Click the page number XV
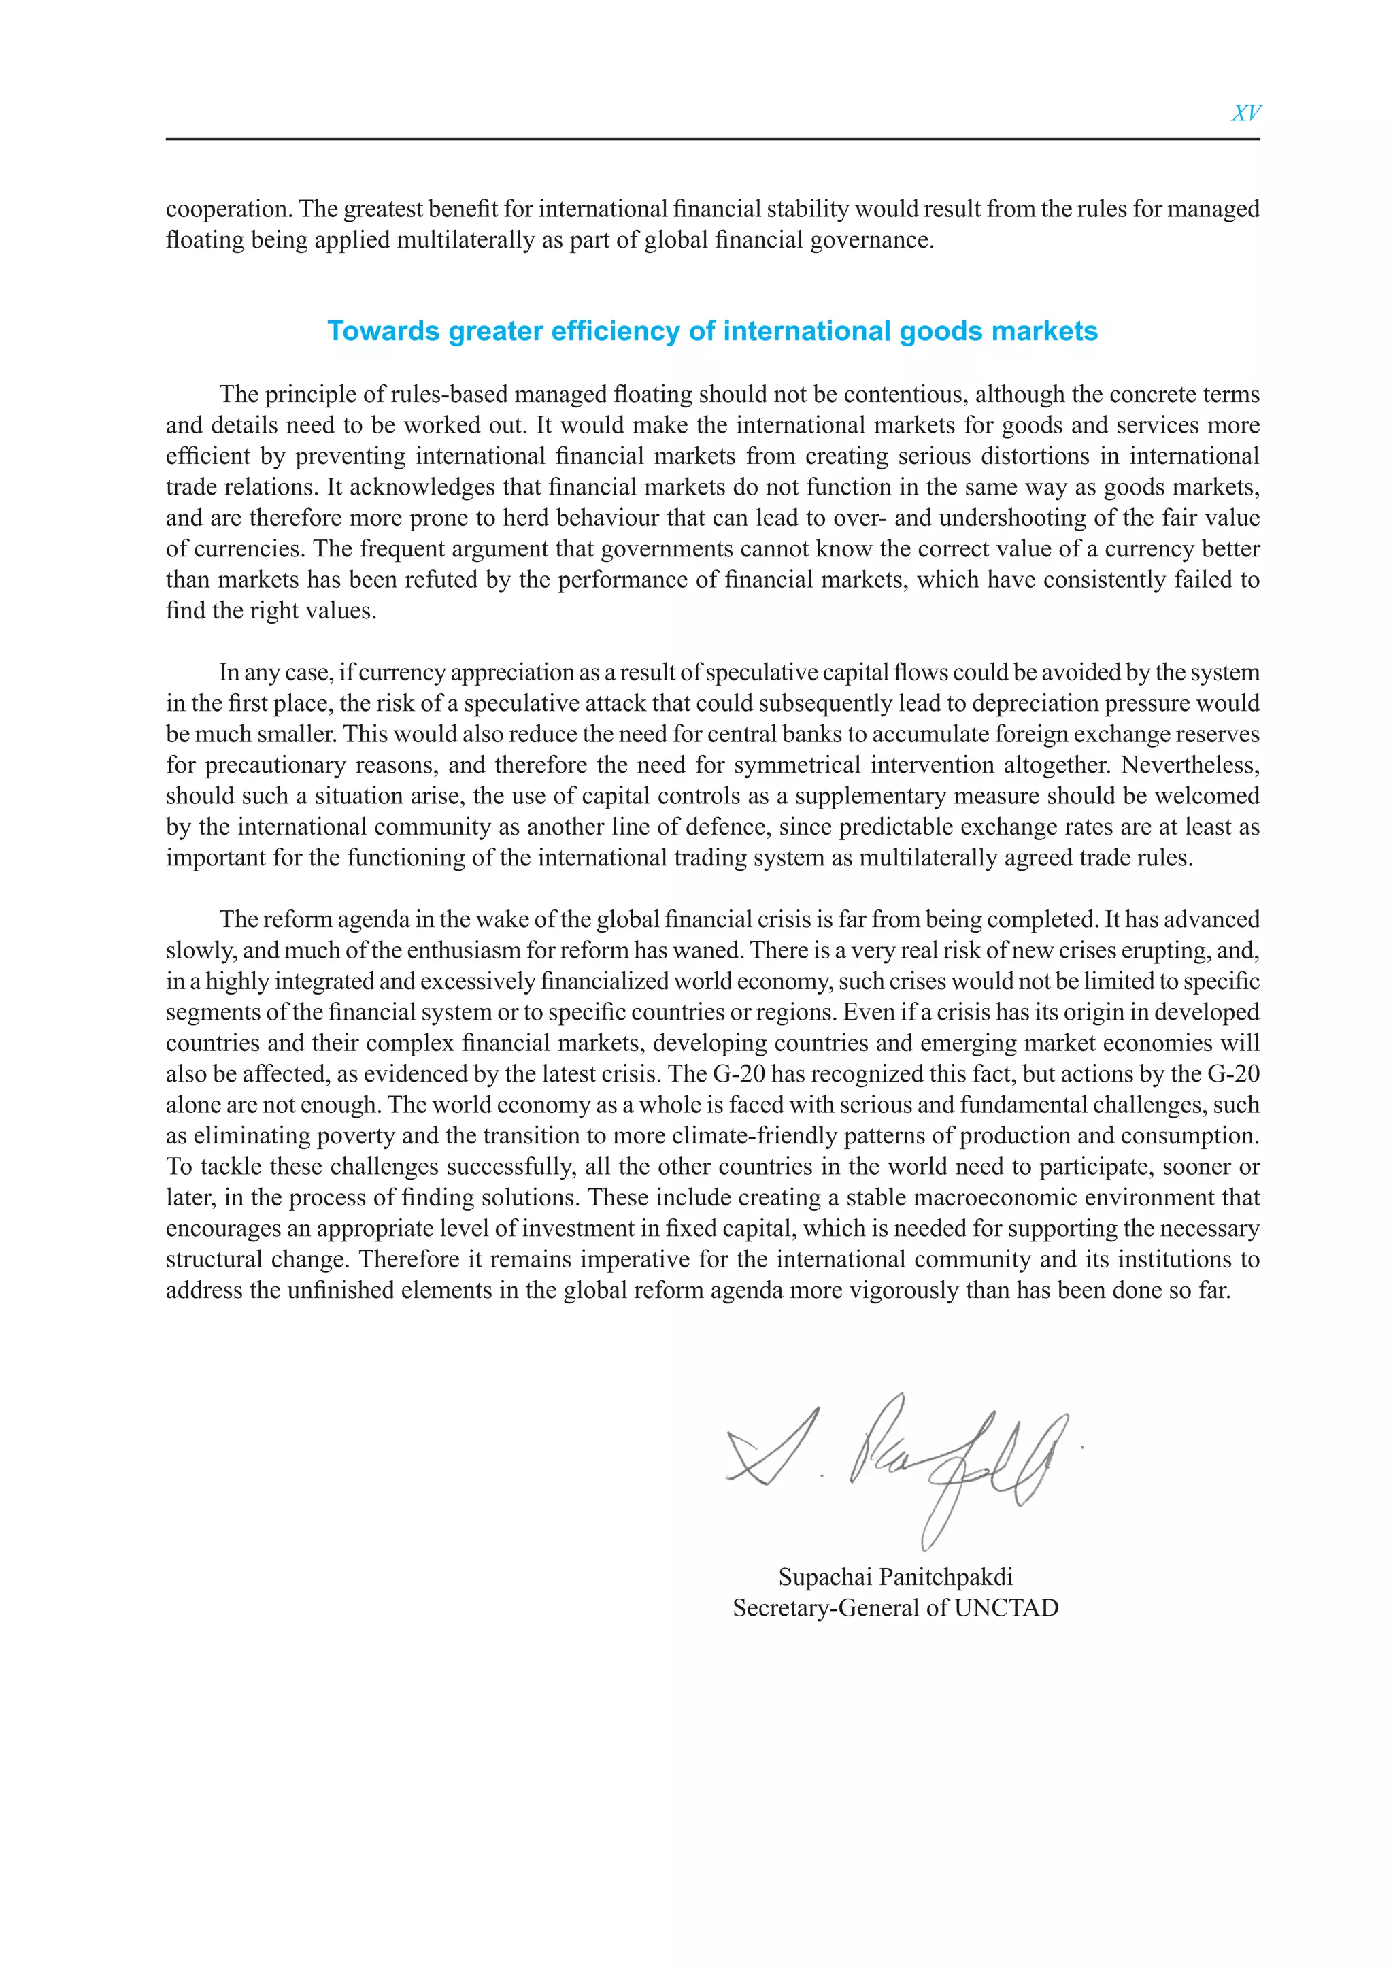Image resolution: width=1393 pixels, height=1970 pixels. tap(1245, 113)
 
